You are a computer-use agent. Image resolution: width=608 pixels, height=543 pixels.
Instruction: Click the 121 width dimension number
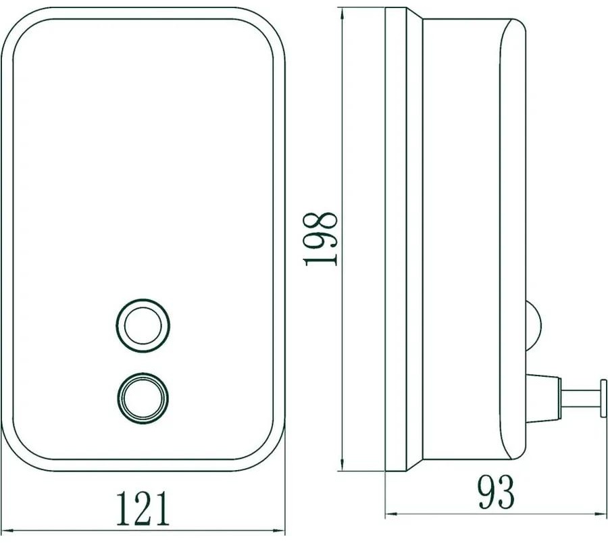click(x=143, y=508)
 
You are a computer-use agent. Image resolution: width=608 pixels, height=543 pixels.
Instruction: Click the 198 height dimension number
click(x=321, y=238)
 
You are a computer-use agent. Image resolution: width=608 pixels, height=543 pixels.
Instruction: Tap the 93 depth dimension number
click(x=496, y=492)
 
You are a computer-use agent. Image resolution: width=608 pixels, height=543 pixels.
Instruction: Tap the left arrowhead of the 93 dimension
click(x=392, y=514)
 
